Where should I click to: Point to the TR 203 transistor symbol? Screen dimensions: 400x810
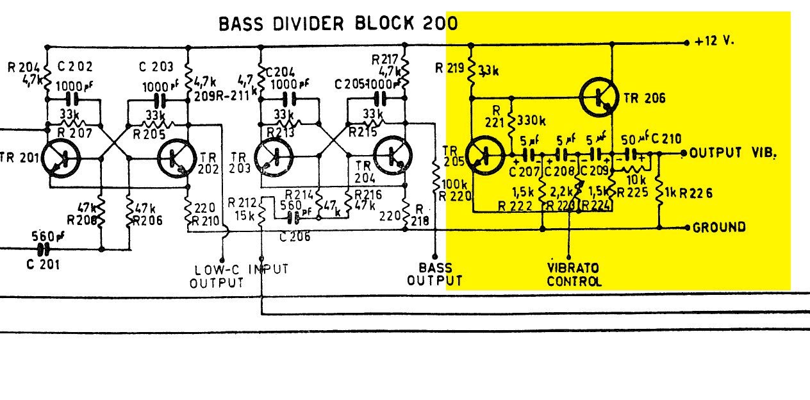275,158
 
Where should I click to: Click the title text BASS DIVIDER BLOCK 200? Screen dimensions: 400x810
338,24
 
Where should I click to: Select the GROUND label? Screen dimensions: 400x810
719,227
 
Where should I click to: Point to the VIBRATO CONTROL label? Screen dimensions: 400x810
574,274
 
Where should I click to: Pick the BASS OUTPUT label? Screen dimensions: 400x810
435,274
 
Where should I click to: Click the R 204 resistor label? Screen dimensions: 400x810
24,66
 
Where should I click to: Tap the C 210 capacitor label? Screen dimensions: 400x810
667,138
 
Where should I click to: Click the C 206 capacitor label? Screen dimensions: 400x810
294,236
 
